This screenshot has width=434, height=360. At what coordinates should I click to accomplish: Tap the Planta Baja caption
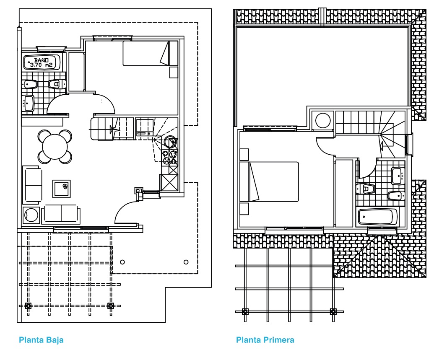click(x=41, y=340)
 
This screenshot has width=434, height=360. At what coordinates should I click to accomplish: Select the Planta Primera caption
click(x=265, y=340)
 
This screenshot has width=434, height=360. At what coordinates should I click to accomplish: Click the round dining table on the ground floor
click(x=55, y=146)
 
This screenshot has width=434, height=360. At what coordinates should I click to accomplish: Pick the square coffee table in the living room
click(x=62, y=189)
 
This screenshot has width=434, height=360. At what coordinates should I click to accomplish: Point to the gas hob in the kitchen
click(x=169, y=157)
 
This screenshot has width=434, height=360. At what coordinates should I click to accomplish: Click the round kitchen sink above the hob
click(x=169, y=142)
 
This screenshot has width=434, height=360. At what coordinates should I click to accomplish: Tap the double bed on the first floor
click(x=269, y=181)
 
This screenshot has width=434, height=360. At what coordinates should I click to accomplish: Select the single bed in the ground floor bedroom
click(x=146, y=53)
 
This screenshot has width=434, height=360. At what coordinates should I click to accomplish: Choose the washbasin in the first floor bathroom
click(x=398, y=176)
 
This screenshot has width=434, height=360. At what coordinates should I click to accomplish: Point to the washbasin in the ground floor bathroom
click(x=28, y=103)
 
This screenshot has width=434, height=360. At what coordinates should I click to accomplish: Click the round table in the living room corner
click(x=31, y=215)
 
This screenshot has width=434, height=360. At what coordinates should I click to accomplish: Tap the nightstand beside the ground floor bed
click(x=174, y=72)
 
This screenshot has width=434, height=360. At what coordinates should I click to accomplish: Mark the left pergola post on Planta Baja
click(x=28, y=306)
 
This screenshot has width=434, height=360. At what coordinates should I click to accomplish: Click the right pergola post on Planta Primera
click(x=333, y=311)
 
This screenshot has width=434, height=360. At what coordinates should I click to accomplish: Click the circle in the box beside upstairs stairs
click(x=323, y=120)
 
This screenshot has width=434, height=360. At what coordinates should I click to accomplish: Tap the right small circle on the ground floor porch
click(x=186, y=262)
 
